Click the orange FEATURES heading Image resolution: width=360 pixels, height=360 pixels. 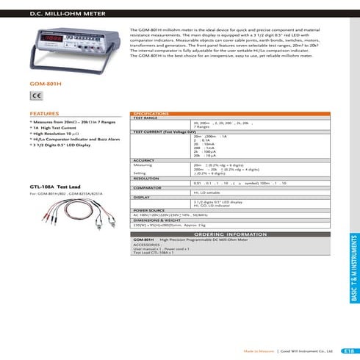(x=44, y=114)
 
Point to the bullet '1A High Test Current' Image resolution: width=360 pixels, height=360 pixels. (x=56, y=129)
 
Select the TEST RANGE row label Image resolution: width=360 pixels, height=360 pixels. (x=145, y=118)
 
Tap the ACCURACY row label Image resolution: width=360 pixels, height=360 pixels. (x=144, y=160)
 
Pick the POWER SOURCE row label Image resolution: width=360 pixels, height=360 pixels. (x=149, y=209)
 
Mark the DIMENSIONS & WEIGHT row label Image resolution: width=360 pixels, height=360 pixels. (x=156, y=219)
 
